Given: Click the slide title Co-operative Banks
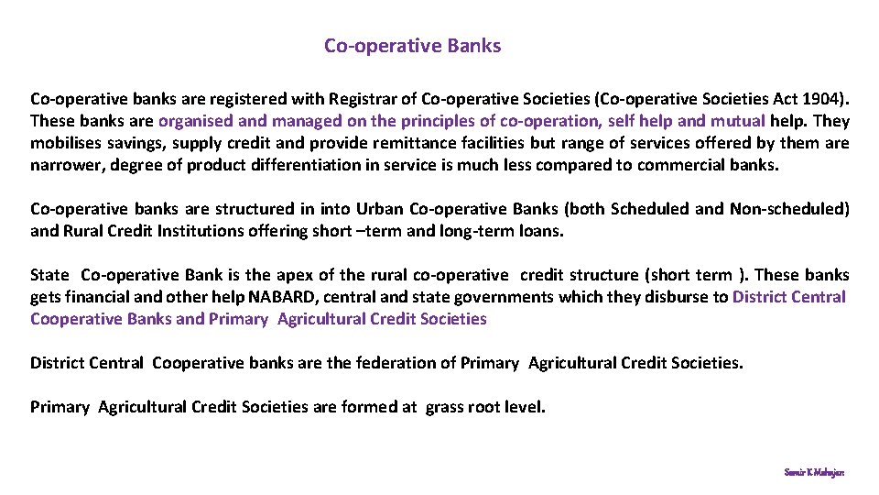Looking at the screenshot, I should coord(412,45).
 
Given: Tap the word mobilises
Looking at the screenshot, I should coord(65,143).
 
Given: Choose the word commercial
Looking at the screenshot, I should coord(688,165).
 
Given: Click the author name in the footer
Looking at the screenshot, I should coord(814,472).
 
